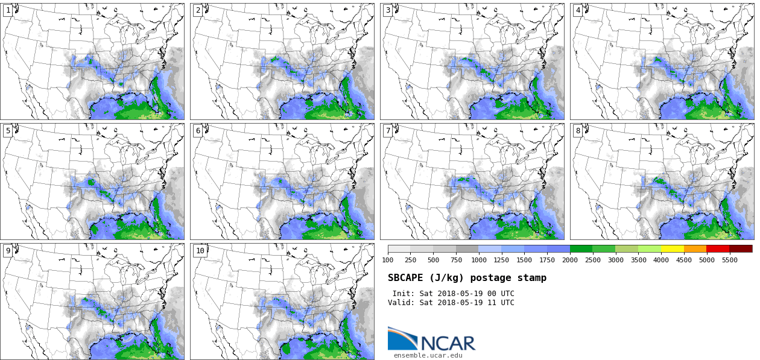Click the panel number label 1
coord(8,11)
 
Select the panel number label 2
coord(198,11)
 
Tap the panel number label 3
coord(388,11)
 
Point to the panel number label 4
coord(578,11)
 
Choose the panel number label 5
coord(8,131)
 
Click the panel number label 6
coord(198,131)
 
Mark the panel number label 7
coord(388,131)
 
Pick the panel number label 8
coord(578,131)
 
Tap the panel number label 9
coord(8,251)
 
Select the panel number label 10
coord(200,251)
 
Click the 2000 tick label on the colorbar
coord(570,261)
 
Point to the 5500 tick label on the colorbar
coord(730,261)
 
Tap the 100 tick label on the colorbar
coord(388,261)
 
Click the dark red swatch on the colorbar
coord(741,248)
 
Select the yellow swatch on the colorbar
coord(673,248)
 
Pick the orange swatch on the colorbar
coord(695,248)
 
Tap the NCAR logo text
coord(448,344)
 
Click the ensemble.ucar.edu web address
coord(428,356)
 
